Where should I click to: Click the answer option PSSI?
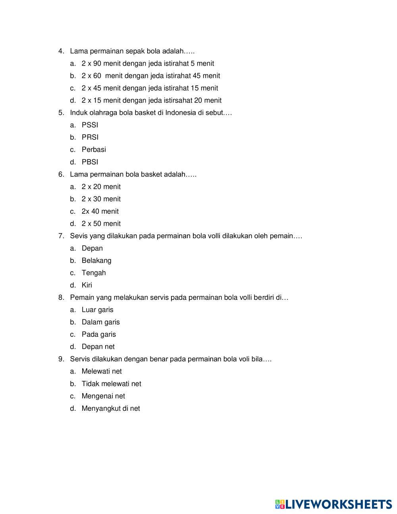coord(90,125)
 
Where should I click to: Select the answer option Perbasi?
coord(94,150)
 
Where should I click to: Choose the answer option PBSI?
coord(90,162)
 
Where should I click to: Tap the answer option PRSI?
coord(90,137)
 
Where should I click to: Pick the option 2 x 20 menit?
coord(101,187)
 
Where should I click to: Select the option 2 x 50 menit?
coord(101,224)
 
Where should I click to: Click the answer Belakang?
coord(96,261)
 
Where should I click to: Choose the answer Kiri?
coord(87,285)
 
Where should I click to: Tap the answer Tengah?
coord(94,273)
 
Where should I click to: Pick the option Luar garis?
coord(97,310)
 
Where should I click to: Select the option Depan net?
coord(98,347)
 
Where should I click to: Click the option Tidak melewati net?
coord(111,384)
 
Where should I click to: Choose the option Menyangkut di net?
coord(111,408)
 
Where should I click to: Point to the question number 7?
coord(61,236)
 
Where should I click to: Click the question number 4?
coord(61,51)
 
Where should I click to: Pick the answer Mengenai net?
coord(103,396)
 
